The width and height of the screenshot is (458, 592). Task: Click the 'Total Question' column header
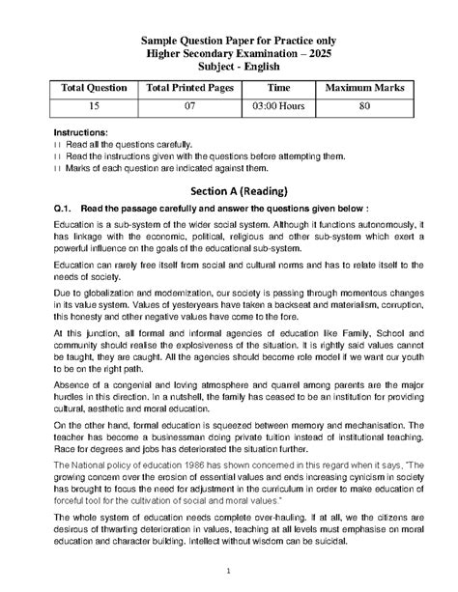click(94, 88)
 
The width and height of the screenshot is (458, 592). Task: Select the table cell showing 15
click(94, 106)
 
